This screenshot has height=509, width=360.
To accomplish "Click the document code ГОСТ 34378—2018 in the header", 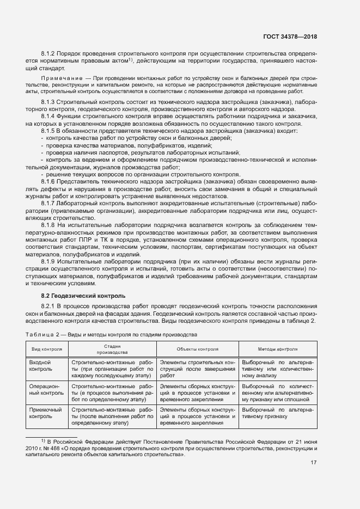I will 290,37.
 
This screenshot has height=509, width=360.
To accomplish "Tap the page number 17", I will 313,463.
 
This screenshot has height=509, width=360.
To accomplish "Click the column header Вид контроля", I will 47,349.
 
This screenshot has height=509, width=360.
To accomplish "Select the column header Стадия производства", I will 112,349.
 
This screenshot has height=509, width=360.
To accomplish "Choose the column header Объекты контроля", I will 197,349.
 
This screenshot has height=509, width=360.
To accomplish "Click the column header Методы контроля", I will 277,349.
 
